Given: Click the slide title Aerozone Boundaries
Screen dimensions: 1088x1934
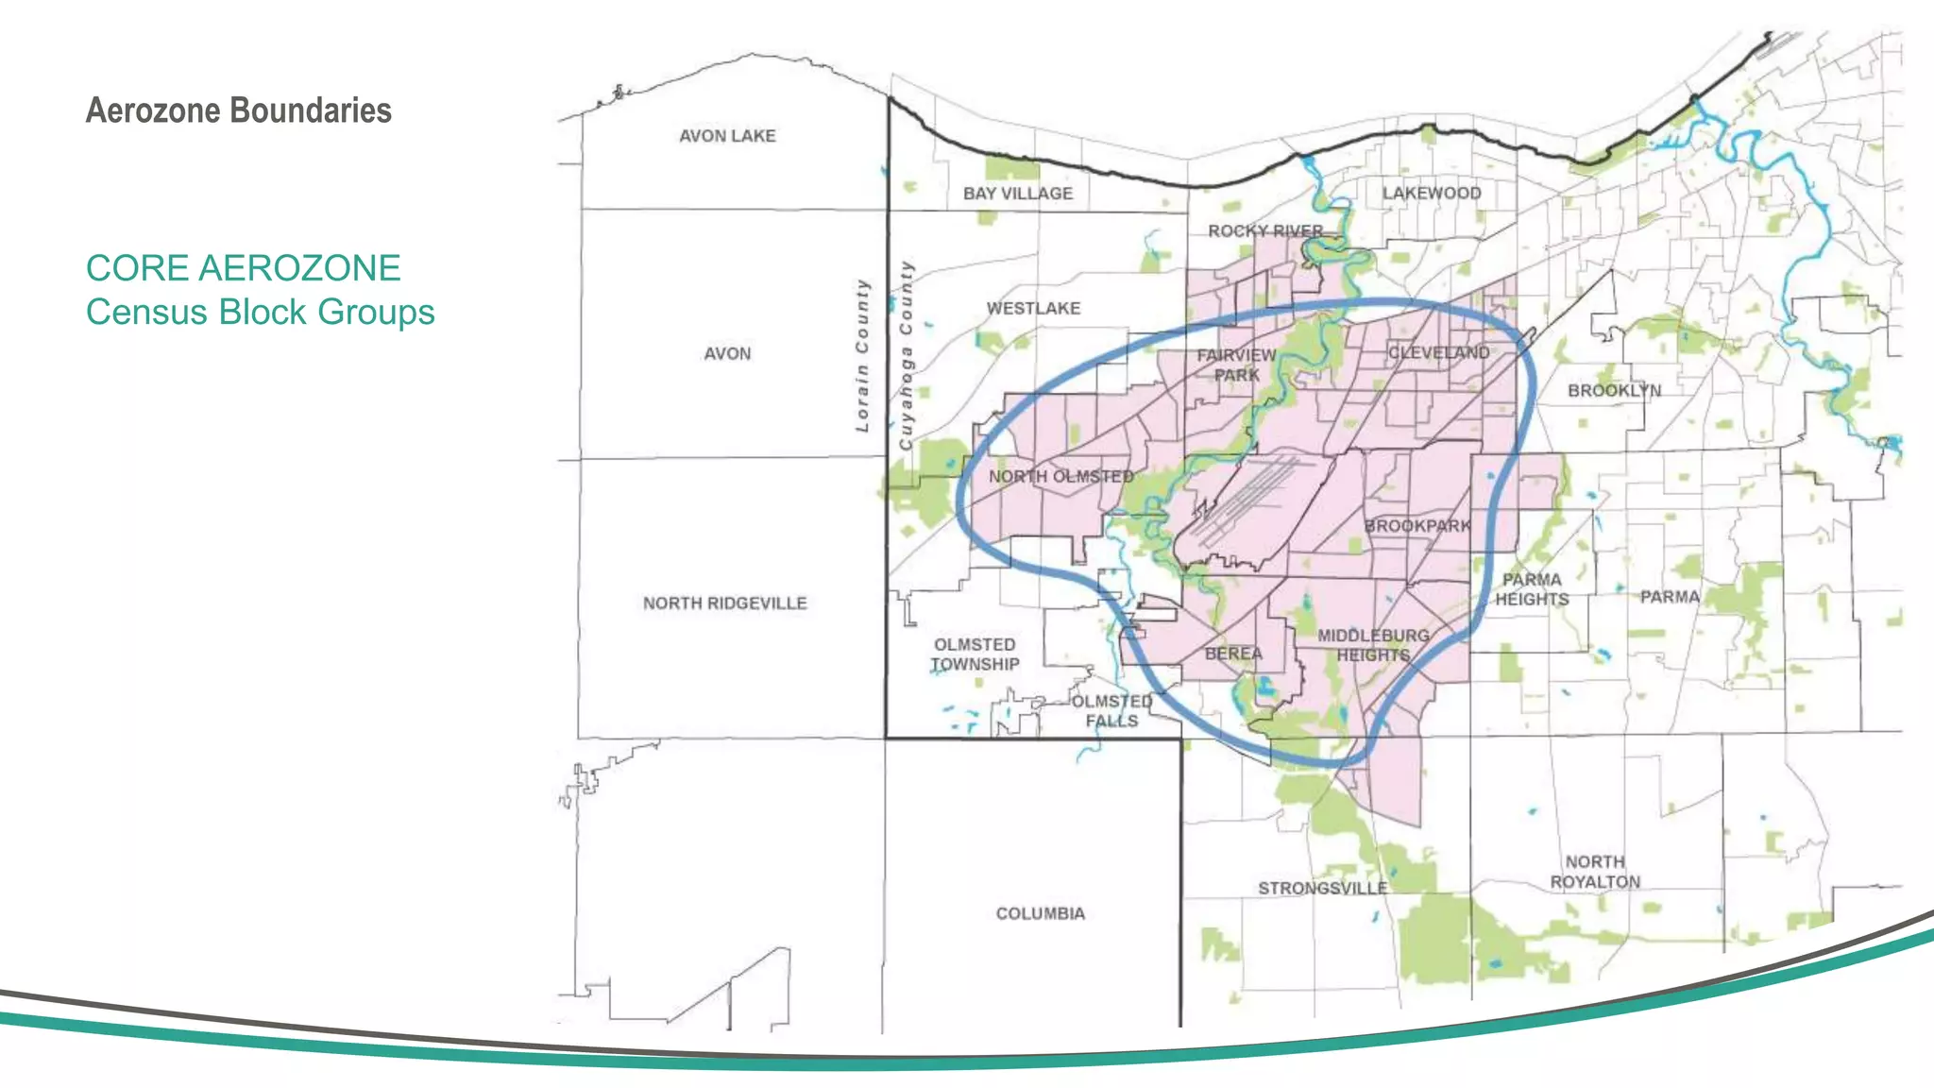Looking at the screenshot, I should point(238,110).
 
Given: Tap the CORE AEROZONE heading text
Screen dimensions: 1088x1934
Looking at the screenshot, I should point(243,268).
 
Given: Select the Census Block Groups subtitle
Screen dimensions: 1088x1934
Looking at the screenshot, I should point(260,312).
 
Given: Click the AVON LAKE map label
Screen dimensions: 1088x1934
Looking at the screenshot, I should point(727,136).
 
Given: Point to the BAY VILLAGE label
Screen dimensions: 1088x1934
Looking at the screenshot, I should point(1018,194).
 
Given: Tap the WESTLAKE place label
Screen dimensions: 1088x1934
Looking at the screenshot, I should point(1033,308).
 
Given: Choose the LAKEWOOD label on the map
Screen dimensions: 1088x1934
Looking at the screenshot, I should point(1432,193).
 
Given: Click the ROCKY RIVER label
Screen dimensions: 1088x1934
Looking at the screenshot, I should point(1265,230).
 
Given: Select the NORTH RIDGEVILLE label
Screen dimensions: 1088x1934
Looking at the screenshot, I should point(724,603).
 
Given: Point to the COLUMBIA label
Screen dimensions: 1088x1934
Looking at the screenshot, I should point(1040,913).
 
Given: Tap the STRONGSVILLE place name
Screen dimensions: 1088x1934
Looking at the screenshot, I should point(1322,888).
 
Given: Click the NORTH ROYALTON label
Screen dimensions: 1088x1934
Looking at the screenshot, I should point(1595,872).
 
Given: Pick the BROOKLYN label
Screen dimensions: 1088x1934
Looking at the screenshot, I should point(1614,390).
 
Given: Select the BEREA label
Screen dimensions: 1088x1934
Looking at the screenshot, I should point(1233,654).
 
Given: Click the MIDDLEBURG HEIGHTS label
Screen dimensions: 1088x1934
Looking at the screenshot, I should point(1373,645).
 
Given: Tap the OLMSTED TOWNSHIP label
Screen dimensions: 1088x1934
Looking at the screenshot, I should point(975,654).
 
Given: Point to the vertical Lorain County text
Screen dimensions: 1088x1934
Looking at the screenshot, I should point(861,355).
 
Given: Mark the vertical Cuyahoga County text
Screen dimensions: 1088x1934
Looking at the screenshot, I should point(906,355).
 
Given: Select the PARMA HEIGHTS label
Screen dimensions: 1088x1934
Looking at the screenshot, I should point(1532,589).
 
